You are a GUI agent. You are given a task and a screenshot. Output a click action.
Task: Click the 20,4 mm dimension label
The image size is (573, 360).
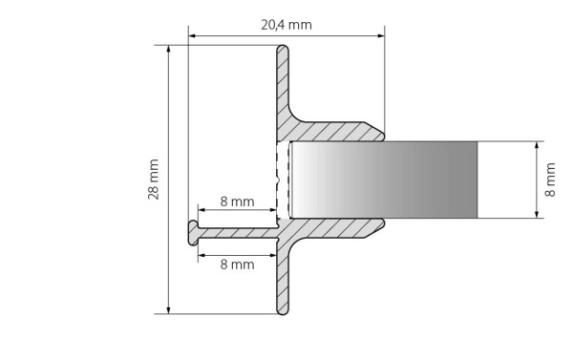[x=286, y=24]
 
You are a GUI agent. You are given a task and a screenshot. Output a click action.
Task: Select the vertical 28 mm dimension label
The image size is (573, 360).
[x=155, y=180]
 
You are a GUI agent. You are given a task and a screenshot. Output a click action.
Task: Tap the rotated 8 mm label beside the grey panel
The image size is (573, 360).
[x=550, y=180]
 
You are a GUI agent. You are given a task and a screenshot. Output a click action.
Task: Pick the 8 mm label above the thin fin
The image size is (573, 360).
[x=237, y=201]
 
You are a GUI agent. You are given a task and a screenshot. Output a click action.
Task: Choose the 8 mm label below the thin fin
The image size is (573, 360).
[x=237, y=264]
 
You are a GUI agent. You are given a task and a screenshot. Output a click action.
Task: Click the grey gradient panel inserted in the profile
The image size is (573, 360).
[x=382, y=180]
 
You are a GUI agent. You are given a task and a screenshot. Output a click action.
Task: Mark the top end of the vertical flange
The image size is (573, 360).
[x=283, y=50]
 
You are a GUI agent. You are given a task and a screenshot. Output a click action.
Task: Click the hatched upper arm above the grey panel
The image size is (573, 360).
[x=334, y=131]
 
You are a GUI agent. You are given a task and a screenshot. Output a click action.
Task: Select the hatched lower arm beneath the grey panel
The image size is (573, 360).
[x=334, y=227]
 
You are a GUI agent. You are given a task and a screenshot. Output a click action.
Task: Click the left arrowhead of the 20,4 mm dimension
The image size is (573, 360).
[x=192, y=37]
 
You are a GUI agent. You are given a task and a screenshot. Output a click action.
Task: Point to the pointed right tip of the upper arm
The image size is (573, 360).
[x=383, y=135]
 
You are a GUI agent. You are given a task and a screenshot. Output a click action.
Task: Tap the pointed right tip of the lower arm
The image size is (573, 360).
[x=383, y=224]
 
